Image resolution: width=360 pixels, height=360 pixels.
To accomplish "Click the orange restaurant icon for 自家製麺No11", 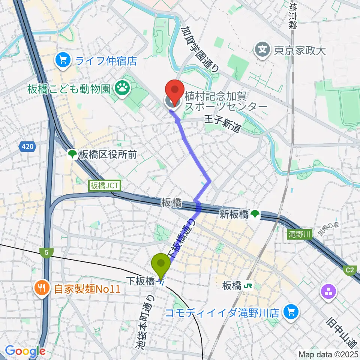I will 40,288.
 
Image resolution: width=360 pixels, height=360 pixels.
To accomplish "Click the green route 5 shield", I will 46,253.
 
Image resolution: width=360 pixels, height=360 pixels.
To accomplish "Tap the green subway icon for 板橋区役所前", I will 72,154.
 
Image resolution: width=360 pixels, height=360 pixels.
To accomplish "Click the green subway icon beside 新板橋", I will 255,214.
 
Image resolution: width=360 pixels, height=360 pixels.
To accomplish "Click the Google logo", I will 25,351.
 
